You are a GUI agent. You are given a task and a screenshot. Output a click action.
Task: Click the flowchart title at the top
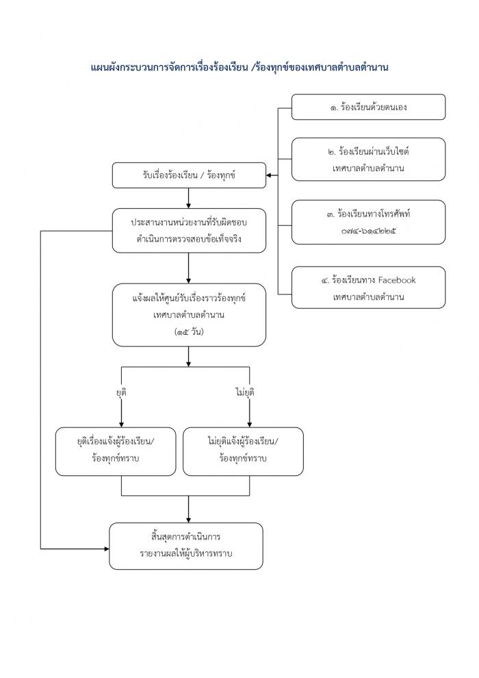[239, 67]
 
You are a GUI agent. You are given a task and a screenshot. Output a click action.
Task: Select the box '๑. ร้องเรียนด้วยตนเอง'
[368, 107]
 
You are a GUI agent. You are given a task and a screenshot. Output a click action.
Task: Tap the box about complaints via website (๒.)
[368, 159]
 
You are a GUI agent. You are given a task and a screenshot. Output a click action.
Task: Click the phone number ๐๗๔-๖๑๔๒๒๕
[368, 231]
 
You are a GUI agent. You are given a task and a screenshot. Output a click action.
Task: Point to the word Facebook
[396, 280]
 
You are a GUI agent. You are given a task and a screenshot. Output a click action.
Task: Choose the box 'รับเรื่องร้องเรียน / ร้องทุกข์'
[189, 175]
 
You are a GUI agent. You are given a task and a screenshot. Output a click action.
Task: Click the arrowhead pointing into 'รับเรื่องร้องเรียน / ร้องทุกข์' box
[269, 175]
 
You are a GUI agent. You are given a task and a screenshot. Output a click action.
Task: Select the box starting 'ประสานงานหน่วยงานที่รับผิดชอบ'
[189, 231]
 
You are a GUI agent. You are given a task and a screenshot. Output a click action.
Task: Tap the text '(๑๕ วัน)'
[189, 332]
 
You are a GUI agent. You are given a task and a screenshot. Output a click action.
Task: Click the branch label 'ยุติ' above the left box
[121, 392]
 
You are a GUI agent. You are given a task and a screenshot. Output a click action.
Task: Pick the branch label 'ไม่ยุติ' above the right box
[245, 392]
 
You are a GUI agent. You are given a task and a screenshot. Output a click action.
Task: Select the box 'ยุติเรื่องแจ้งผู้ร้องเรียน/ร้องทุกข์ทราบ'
[116, 451]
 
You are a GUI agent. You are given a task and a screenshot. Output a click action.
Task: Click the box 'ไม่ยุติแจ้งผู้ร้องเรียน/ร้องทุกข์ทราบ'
[243, 451]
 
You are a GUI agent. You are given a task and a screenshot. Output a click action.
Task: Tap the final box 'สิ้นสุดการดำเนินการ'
[186, 546]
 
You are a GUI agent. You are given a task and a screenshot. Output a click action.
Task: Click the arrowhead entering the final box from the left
[106, 549]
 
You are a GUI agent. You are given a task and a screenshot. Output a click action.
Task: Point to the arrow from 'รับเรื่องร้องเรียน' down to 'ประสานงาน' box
[189, 198]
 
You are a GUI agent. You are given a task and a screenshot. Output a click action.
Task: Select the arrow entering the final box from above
[189, 510]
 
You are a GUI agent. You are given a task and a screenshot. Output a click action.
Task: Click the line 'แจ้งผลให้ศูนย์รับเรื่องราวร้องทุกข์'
[189, 299]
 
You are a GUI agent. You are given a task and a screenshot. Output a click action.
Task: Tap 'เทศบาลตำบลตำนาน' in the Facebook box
[368, 297]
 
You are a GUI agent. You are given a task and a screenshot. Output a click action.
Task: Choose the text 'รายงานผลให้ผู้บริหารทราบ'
[186, 554]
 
